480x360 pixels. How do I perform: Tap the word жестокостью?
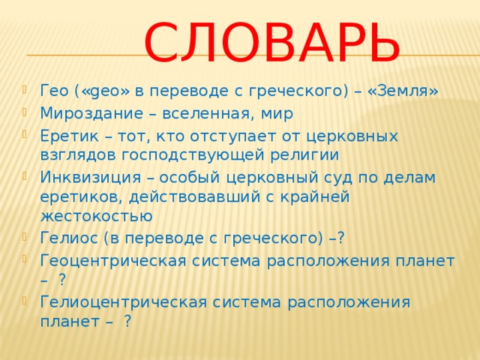(x=97, y=216)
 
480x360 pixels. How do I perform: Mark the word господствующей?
(x=190, y=154)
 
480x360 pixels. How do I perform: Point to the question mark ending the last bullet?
(x=128, y=321)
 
